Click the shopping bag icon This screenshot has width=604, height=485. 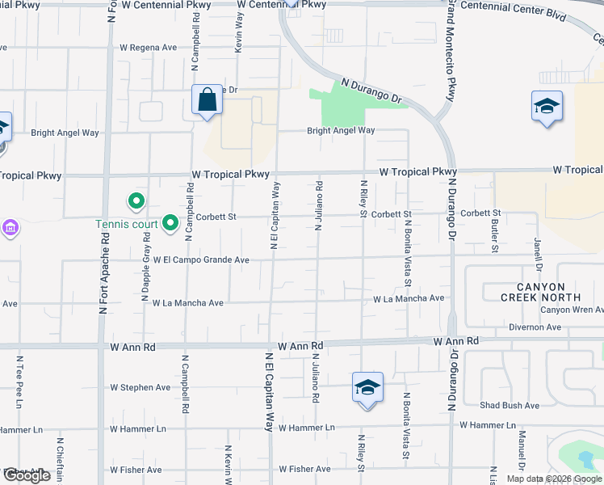[208, 100]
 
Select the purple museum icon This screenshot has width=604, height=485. [10, 228]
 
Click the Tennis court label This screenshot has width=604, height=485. [125, 224]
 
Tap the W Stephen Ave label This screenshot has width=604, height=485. [141, 387]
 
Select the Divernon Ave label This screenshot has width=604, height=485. [535, 327]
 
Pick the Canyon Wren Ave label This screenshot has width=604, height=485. [571, 310]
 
